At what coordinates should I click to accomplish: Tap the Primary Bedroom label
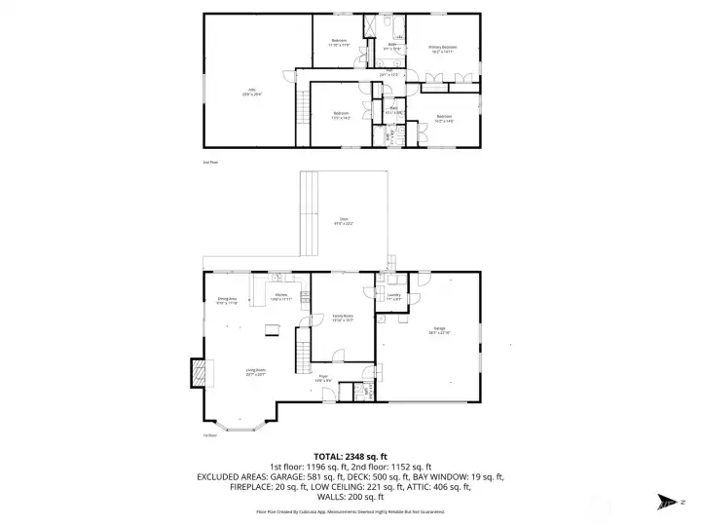pos(442,48)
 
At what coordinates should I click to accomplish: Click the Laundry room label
pos(393,296)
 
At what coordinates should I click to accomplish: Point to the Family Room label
pos(342,317)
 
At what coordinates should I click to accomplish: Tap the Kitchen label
pos(280,296)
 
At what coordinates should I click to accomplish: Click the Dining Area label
pos(227,301)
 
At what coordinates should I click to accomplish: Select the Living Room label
pos(255,370)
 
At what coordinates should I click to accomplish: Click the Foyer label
pos(323,377)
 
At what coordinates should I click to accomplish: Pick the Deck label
pos(344,220)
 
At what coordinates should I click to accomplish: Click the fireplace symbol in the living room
pos(200,372)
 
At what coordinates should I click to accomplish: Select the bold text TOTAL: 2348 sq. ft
pos(350,456)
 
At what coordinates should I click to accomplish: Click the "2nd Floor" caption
pos(209,162)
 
